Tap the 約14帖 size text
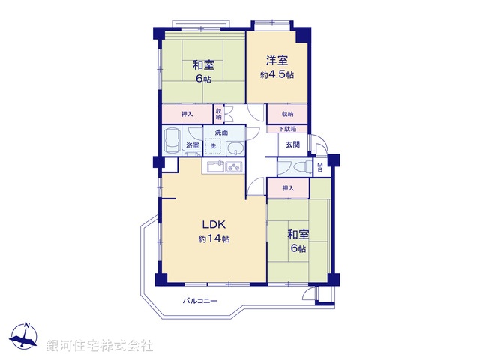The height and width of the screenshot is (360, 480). click(x=214, y=238)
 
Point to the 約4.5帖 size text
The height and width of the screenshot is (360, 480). click(x=277, y=75)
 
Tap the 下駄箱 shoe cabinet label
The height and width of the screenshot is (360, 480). click(x=288, y=129)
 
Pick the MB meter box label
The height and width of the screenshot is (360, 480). click(x=320, y=168)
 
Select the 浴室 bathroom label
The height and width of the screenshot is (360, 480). click(x=192, y=145)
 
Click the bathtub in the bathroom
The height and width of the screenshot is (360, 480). click(x=172, y=140)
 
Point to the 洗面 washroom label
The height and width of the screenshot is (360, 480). click(x=221, y=133)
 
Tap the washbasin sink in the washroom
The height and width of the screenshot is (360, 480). click(x=235, y=147)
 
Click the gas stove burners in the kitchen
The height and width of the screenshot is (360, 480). click(x=233, y=166)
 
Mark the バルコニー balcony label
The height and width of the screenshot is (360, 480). click(x=200, y=301)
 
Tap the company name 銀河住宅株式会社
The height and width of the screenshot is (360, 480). click(x=100, y=346)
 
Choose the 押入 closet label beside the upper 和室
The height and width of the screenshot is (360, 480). click(x=187, y=114)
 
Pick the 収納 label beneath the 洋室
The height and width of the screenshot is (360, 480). click(x=288, y=114)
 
